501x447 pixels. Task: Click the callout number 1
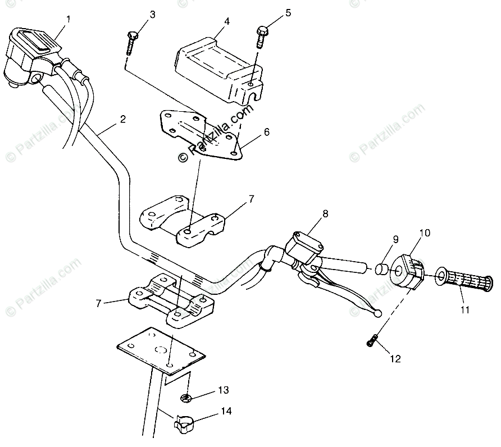click(68, 19)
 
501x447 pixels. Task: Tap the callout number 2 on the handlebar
click(122, 119)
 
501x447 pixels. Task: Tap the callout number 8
click(325, 213)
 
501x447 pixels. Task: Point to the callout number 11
click(465, 309)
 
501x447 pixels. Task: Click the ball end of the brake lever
click(378, 313)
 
